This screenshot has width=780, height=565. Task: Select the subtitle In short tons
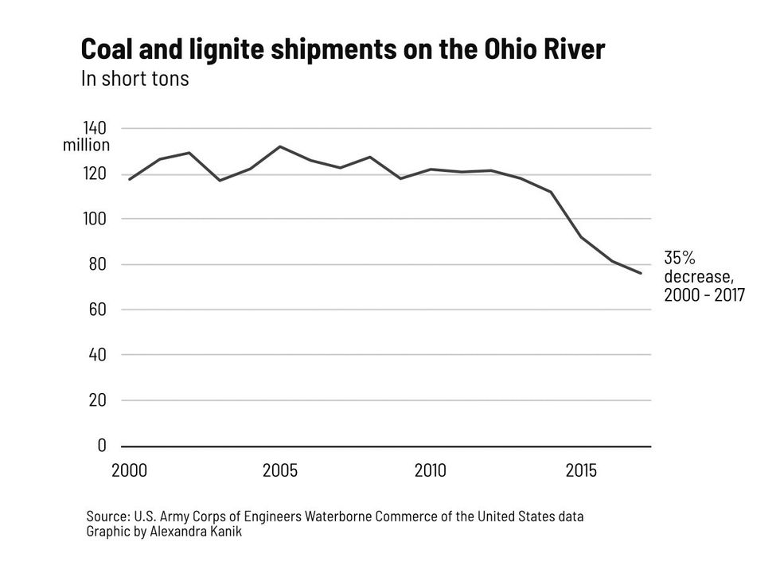click(x=135, y=79)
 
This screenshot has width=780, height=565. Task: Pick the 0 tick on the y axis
click(x=102, y=446)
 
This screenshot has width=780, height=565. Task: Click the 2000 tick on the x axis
click(x=129, y=471)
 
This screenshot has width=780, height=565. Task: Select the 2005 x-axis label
click(x=280, y=471)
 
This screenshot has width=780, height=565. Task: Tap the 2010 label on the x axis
click(x=431, y=471)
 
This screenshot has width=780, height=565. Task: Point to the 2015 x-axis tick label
click(x=582, y=471)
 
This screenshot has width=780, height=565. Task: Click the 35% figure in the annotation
click(x=680, y=258)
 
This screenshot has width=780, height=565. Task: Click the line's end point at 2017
click(x=642, y=273)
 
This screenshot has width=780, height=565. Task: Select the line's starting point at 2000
click(x=129, y=179)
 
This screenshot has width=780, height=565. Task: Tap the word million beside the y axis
click(x=86, y=146)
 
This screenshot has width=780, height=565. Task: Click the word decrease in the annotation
click(x=696, y=277)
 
